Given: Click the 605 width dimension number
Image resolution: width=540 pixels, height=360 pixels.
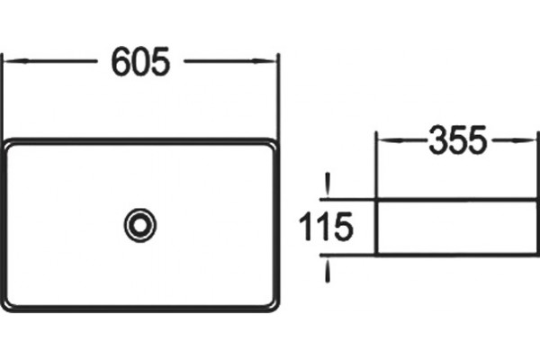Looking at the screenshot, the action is (x=140, y=62).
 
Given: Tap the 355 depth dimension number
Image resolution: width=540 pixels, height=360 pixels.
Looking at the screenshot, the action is (x=458, y=140).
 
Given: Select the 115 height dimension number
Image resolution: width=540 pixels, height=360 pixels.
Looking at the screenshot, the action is (x=326, y=227).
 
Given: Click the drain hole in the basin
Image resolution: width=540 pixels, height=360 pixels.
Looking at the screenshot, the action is (x=140, y=226).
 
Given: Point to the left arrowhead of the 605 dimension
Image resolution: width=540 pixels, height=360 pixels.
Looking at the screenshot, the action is (x=16, y=61).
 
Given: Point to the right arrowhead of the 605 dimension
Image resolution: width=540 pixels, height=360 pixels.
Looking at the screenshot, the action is (x=265, y=61).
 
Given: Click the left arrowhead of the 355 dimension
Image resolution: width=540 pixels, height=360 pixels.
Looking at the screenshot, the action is (x=389, y=140).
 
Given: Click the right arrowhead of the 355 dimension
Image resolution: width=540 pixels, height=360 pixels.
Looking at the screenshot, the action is (x=525, y=140).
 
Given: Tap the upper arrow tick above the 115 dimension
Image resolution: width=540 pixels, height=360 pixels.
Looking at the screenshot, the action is (x=328, y=185).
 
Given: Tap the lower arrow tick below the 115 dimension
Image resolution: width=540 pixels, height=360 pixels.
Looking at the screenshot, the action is (x=328, y=270).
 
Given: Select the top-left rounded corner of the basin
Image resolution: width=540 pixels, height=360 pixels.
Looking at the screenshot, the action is (x=7, y=144).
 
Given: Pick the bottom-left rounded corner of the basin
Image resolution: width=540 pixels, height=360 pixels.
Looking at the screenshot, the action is (x=7, y=306).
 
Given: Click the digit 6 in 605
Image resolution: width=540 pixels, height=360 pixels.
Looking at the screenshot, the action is (x=121, y=62).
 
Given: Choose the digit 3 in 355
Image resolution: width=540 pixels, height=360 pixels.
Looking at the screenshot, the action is (x=438, y=140).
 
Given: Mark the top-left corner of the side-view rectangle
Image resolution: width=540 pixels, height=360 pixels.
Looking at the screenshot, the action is (x=377, y=200).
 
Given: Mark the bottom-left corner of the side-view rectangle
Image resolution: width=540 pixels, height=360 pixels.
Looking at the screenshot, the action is (x=377, y=255).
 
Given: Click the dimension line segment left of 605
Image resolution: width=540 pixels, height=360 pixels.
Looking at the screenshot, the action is (x=50, y=61).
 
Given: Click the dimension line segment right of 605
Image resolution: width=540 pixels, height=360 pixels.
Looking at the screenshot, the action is (x=230, y=61).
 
